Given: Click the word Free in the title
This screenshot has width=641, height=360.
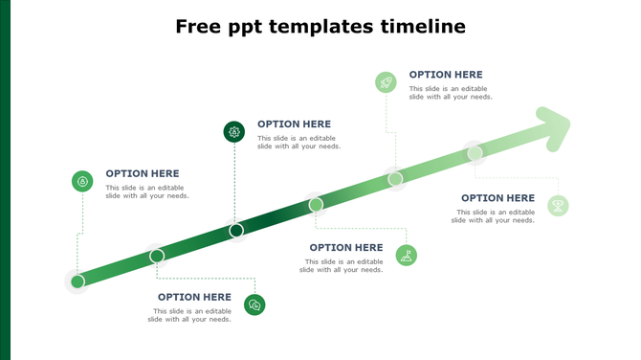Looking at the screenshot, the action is point(198,27).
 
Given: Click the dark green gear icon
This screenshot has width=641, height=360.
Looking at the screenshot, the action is point(233,131).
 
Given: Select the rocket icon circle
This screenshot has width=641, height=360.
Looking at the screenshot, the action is point(386,82).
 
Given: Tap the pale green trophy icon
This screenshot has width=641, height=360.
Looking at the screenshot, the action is point(558,205).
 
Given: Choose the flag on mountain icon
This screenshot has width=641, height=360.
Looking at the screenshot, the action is point(407,256).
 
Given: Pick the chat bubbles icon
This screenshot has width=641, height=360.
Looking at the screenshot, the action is point(254,304).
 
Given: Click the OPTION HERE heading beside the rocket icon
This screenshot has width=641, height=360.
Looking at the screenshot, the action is point(446,75).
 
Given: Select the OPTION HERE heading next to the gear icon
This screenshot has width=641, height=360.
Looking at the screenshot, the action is point(294,124).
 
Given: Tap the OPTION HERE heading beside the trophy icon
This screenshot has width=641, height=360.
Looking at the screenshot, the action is point(497,198).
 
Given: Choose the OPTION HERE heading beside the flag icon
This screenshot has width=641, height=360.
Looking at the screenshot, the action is point(345,248).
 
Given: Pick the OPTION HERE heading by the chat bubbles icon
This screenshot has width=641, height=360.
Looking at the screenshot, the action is point(194,297).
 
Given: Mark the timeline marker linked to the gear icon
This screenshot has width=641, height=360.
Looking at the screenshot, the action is point(236,230).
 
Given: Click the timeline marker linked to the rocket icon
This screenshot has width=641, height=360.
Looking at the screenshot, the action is point(395,178).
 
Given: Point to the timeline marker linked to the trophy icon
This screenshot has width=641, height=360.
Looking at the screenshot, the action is point(475,151).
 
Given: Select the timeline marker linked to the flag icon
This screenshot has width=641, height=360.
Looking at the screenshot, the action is point(316,204).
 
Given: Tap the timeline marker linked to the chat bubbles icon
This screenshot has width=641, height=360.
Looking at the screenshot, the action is point(157,256).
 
